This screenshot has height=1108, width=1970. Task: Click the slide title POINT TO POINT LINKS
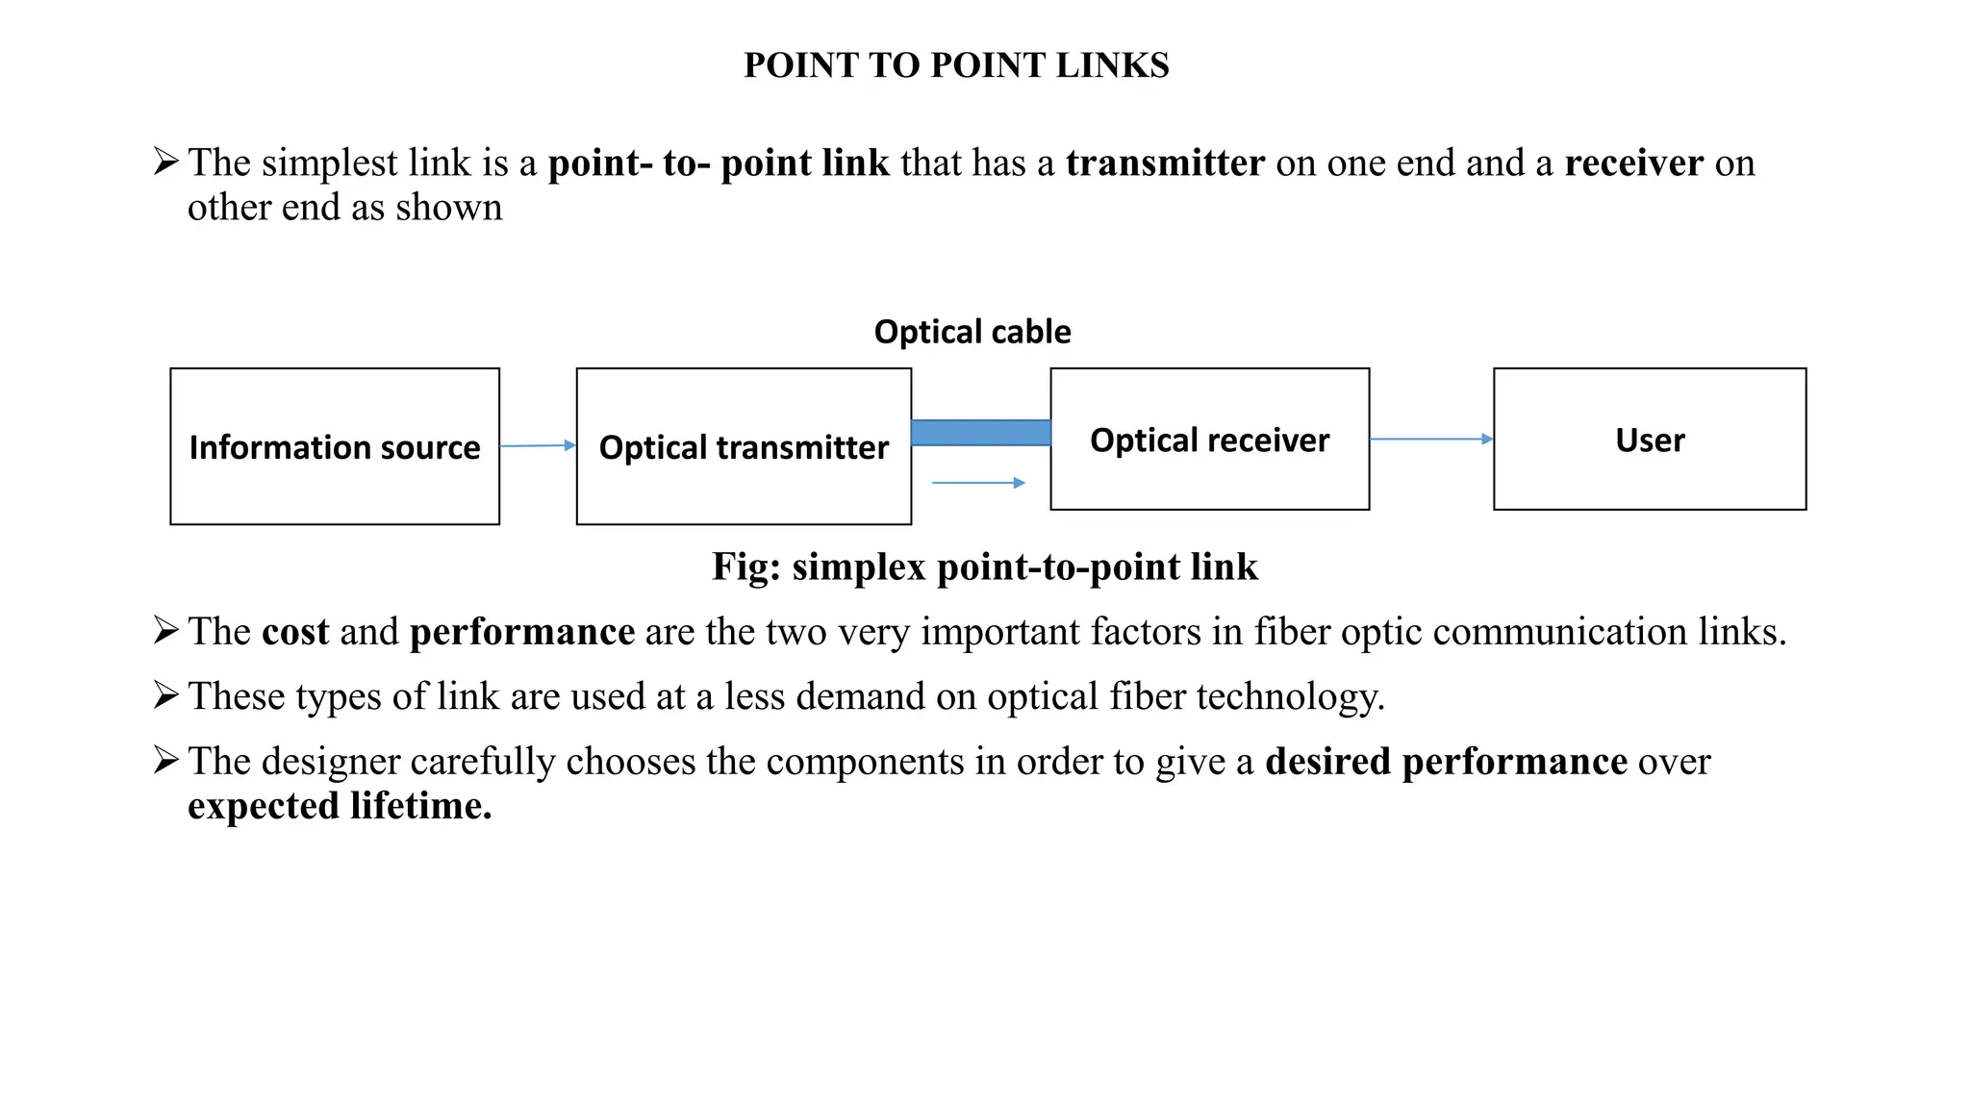point(956,65)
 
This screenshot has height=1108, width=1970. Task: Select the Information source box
point(335,446)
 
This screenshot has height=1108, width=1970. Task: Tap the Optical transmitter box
point(744,446)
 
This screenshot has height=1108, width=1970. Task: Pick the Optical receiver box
point(1209,440)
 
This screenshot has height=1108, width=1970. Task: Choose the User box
point(1650,440)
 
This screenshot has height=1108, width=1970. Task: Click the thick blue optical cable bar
point(980,433)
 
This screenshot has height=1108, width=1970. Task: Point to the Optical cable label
point(972,332)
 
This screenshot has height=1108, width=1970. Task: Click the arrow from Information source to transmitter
point(537,445)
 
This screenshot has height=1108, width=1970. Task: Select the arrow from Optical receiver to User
point(1430,439)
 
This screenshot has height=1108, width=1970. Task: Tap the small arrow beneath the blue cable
point(978,483)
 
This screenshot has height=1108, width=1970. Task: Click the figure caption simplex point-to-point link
point(984,567)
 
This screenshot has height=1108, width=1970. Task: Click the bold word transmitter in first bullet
point(1165,164)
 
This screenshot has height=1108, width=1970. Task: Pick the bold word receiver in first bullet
point(1633,164)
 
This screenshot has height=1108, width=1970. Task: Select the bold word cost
point(295,632)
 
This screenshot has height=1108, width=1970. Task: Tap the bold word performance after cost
point(521,632)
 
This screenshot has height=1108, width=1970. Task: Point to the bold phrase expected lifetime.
point(340,806)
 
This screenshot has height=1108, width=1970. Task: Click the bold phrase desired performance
point(1446,762)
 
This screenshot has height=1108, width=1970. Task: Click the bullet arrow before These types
point(165,694)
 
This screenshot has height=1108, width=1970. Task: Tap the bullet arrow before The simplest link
point(165,161)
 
